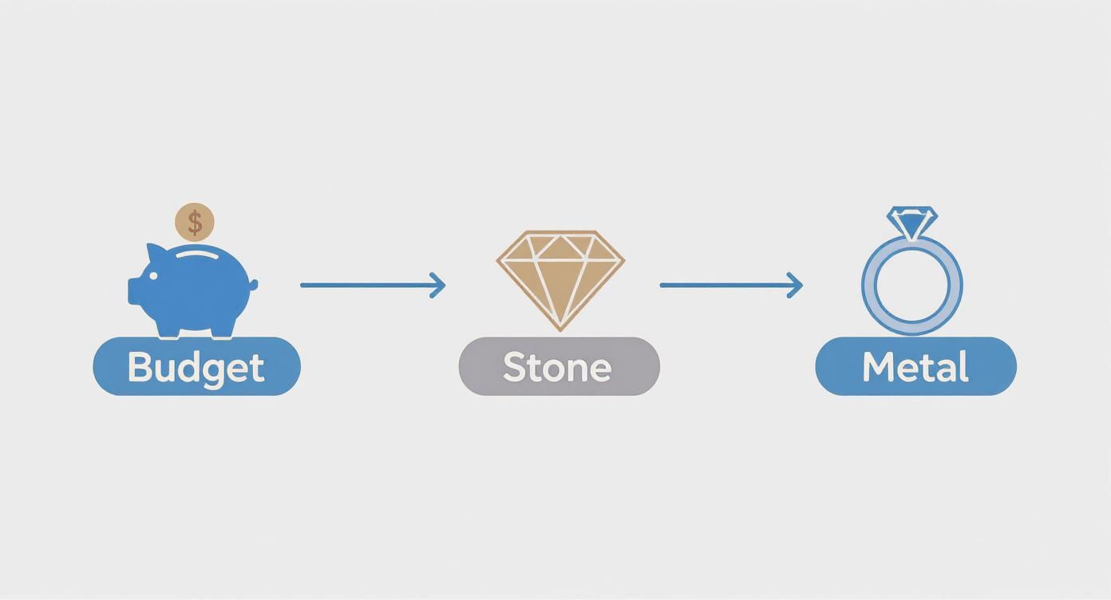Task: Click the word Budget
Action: (196, 367)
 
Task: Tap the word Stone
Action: (558, 367)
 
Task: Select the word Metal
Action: (915, 367)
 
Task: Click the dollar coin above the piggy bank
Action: (195, 223)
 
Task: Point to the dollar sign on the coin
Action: (195, 223)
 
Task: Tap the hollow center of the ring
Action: (912, 286)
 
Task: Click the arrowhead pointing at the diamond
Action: (438, 285)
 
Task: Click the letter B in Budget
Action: (140, 367)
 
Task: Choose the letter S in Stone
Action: (514, 367)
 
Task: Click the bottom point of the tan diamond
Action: (560, 327)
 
